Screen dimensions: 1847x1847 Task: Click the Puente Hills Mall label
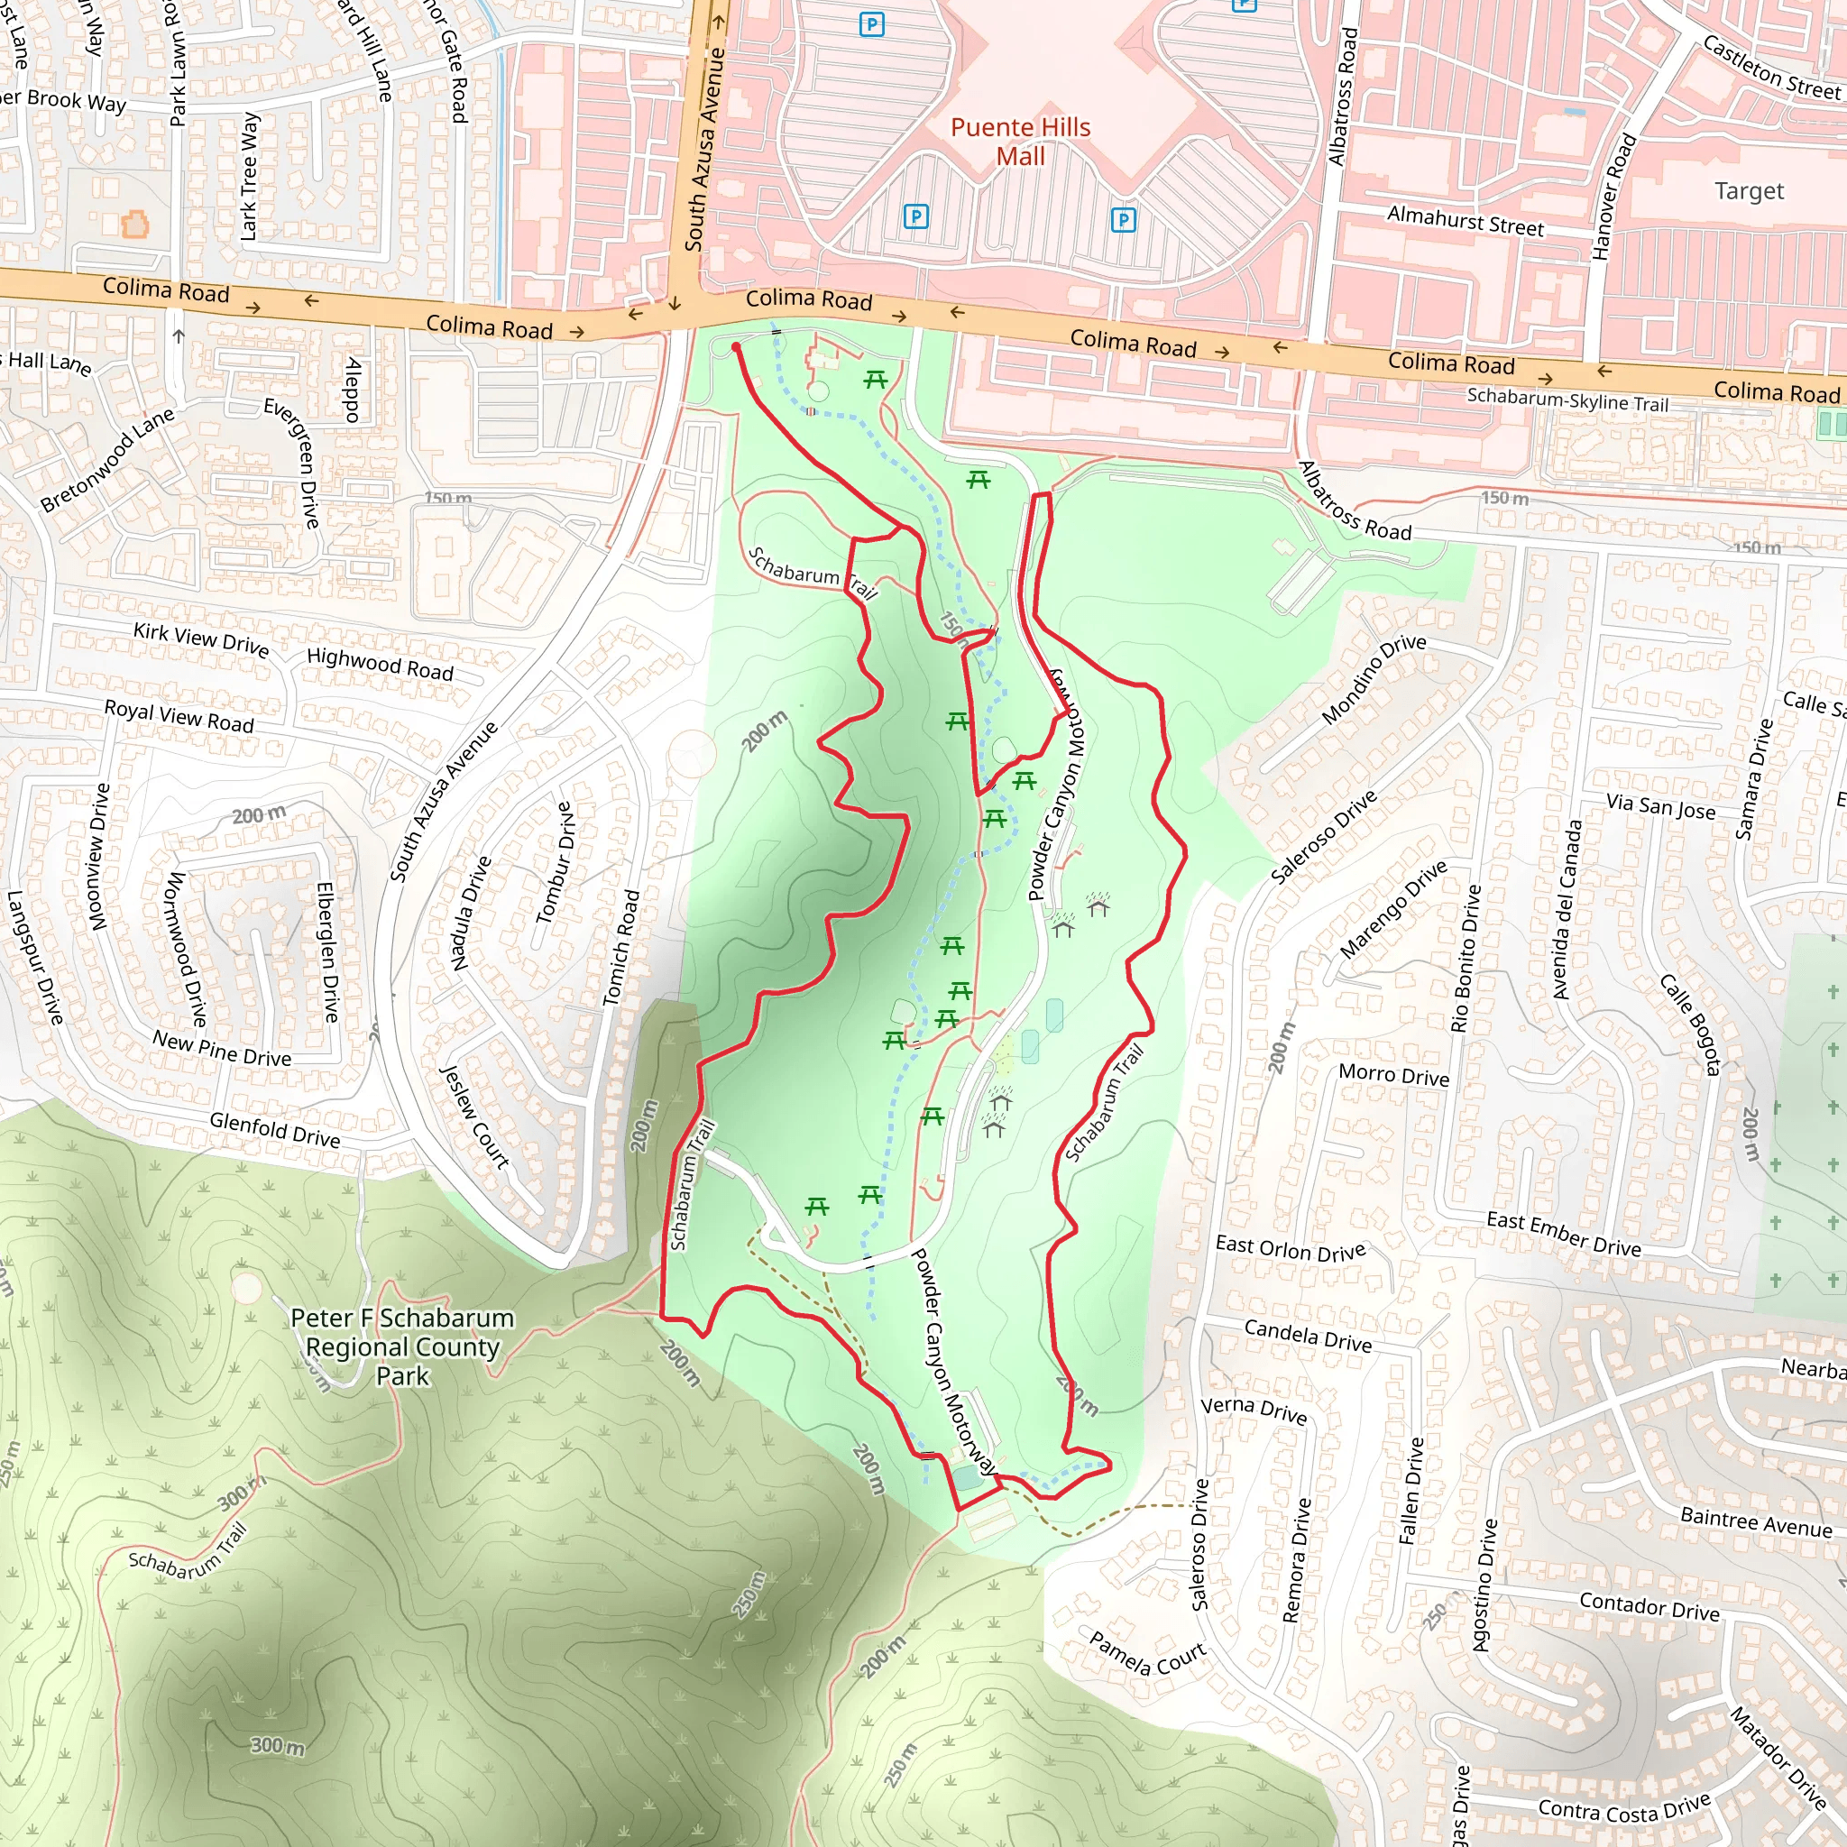[1020, 142]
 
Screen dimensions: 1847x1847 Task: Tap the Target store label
[1749, 191]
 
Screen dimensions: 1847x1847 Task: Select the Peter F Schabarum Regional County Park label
[402, 1346]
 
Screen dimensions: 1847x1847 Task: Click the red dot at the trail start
[736, 347]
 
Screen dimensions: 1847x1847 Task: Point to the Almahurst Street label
[1465, 221]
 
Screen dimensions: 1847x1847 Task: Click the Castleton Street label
[1770, 68]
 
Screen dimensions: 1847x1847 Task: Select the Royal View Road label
[179, 715]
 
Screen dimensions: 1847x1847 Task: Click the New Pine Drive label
[222, 1048]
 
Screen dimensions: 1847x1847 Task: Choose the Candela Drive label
[1307, 1335]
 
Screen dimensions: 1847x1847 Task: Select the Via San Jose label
[1660, 807]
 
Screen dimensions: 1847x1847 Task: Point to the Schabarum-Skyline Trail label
[1567, 400]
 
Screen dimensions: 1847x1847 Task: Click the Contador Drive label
[1649, 1606]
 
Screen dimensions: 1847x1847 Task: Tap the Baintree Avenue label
[1756, 1521]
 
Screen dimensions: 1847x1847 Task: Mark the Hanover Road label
[1613, 197]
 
